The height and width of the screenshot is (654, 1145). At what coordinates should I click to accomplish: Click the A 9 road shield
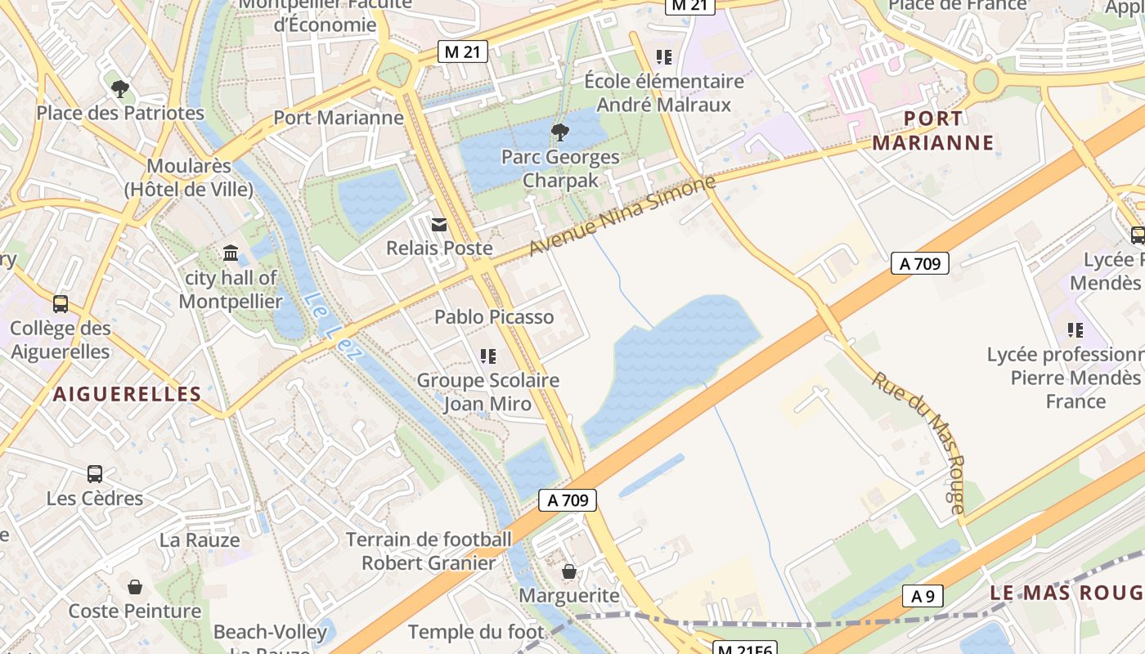923,597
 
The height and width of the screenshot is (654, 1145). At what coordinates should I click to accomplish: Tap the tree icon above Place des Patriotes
120,88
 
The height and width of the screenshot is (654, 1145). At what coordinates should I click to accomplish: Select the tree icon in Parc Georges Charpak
560,132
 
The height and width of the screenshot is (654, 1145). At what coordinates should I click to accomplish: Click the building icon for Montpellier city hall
231,253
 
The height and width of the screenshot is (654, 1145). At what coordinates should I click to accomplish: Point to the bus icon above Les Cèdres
95,474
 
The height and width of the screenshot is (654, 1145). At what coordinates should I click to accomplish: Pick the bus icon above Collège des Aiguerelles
61,304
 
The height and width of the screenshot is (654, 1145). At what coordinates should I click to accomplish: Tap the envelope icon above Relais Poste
439,224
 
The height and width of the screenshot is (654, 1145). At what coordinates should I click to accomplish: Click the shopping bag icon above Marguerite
569,571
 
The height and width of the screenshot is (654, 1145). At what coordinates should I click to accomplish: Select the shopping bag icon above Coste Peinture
135,586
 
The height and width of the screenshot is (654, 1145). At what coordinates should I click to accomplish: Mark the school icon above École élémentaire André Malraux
664,57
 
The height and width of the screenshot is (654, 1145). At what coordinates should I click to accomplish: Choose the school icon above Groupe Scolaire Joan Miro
488,356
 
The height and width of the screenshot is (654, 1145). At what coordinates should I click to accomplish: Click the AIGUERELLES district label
128,394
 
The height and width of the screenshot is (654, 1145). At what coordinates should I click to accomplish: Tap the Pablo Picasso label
494,316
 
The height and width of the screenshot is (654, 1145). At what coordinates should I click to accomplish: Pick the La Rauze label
200,540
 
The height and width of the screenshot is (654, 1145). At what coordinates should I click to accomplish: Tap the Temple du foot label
475,632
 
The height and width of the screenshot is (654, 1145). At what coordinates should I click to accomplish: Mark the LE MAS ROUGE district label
1066,593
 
